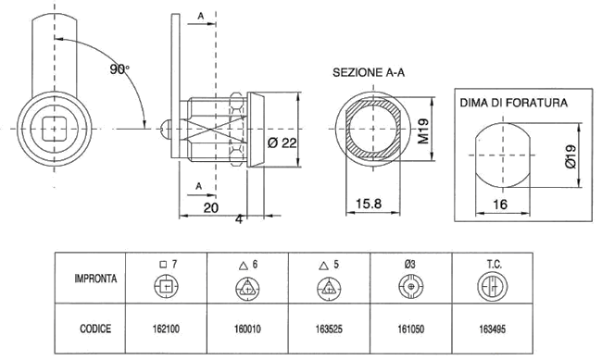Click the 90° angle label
point(119,69)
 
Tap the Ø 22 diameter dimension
point(282,143)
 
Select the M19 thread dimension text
point(422,131)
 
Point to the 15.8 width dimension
point(369,204)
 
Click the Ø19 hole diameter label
point(571,156)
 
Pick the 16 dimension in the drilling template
point(500,205)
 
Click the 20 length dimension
point(211,208)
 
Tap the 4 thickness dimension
point(239,219)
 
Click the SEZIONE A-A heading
point(369,72)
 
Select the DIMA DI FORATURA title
point(513,103)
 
